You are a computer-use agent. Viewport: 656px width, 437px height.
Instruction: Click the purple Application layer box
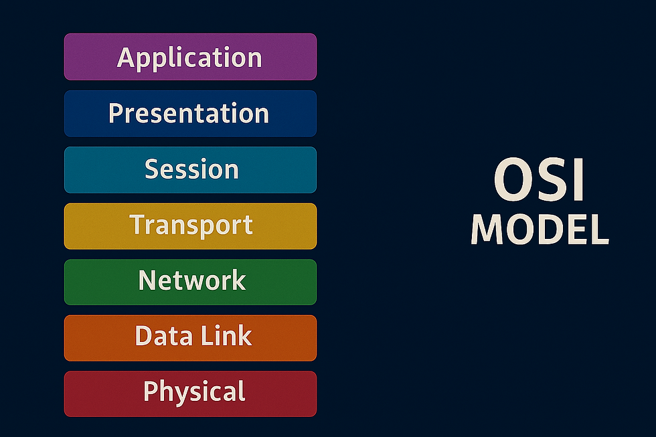click(190, 57)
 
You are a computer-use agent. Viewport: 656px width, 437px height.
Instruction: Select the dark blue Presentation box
click(190, 113)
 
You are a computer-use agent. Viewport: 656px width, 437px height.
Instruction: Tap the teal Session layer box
click(190, 169)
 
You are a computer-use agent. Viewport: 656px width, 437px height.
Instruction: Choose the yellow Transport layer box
click(190, 226)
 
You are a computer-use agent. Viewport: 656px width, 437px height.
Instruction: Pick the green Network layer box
click(190, 281)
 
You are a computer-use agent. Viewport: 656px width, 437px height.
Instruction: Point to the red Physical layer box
click(190, 394)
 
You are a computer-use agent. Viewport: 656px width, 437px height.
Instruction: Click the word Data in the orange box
click(158, 336)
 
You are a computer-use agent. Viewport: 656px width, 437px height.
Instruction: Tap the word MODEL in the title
click(539, 230)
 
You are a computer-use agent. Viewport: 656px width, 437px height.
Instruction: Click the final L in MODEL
click(598, 230)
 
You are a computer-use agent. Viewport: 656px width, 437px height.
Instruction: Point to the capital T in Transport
click(137, 225)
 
